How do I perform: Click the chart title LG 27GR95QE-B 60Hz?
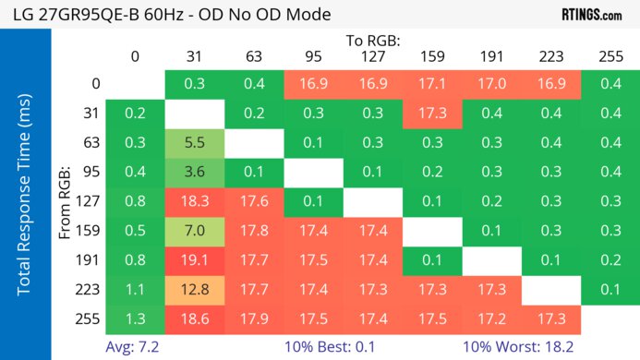point(171,15)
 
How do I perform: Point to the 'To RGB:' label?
point(373,41)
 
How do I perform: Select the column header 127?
point(373,56)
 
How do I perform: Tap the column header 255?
point(610,56)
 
